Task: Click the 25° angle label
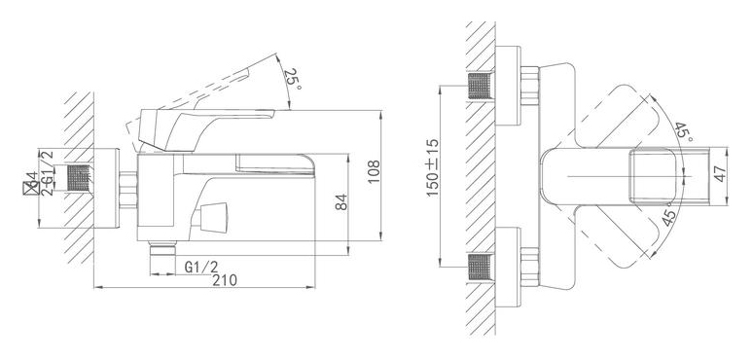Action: tap(292, 79)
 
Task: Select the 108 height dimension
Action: tap(374, 171)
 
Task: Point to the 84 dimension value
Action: tap(341, 202)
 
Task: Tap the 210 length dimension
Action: tap(225, 280)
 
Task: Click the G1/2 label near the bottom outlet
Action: tap(201, 267)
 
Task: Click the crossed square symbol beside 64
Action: tap(31, 189)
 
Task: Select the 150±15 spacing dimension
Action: tap(433, 167)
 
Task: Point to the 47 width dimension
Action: tap(720, 173)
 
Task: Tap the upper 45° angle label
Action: tap(684, 131)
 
